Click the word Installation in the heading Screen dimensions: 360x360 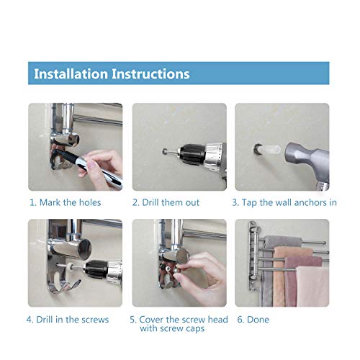coord(71,73)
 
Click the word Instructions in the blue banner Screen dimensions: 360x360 coord(150,73)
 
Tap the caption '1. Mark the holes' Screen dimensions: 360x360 coord(65,202)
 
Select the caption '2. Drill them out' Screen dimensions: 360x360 coord(166,202)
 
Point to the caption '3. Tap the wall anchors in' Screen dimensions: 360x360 coord(284,202)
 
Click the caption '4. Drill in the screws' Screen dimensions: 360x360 coord(68,320)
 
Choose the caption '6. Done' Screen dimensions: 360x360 coord(253,320)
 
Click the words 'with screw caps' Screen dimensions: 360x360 coord(172,328)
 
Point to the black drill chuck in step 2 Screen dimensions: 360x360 coord(192,154)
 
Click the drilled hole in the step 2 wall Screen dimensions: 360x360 coord(165,151)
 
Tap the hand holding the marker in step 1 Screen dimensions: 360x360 coord(102,164)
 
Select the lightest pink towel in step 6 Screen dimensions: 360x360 coord(312,287)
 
